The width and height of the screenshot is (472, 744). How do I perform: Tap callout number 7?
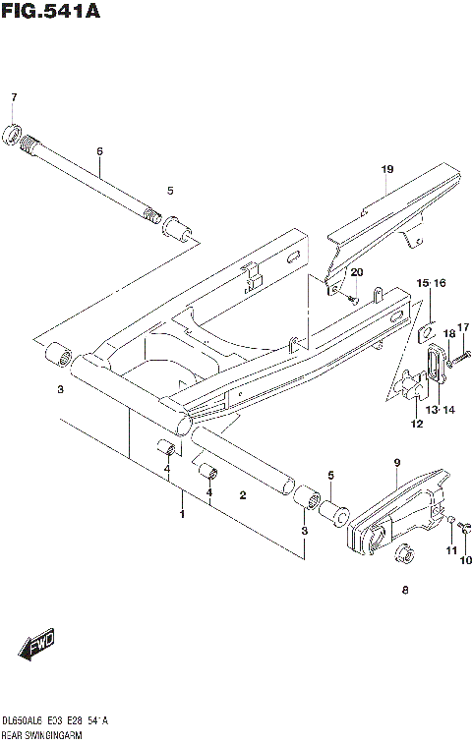click(14, 97)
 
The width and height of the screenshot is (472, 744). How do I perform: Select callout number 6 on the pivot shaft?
click(99, 151)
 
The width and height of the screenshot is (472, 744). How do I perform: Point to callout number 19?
click(386, 169)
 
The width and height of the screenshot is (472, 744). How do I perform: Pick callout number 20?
click(356, 271)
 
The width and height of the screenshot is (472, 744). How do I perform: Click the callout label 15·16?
click(430, 283)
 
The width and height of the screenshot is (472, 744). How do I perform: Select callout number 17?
click(464, 327)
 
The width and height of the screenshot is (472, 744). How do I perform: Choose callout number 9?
click(396, 462)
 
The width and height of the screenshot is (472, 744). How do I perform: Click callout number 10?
click(464, 561)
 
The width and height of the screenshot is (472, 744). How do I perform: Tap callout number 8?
click(404, 591)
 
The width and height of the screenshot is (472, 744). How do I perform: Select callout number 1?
click(181, 513)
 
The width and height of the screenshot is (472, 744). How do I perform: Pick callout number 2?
click(242, 496)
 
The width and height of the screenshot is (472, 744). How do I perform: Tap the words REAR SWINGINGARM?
click(40, 734)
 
